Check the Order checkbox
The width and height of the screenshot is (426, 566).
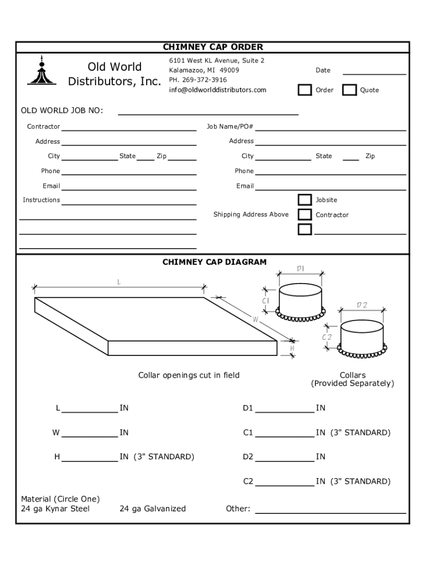click(x=305, y=90)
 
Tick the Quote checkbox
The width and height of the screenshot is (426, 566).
click(x=349, y=90)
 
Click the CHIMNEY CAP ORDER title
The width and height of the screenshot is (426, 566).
click(x=213, y=47)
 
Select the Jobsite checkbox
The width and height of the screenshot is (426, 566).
click(x=305, y=200)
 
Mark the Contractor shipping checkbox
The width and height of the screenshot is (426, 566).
click(x=305, y=214)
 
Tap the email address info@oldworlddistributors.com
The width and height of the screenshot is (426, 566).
click(x=217, y=90)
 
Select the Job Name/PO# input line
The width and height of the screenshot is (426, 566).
click(x=330, y=129)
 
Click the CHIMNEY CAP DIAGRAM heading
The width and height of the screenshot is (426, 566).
click(x=214, y=262)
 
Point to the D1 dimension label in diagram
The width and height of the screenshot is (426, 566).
click(x=300, y=269)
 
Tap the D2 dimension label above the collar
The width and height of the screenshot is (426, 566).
click(x=362, y=305)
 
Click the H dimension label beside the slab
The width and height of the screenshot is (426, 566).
click(x=292, y=349)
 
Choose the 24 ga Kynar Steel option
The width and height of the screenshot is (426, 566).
click(x=55, y=509)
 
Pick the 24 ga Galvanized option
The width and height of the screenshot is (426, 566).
click(x=153, y=509)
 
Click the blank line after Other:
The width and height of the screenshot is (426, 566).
click(x=330, y=511)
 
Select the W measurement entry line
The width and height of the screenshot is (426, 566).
click(x=90, y=435)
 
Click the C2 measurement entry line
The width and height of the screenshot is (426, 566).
click(x=285, y=484)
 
